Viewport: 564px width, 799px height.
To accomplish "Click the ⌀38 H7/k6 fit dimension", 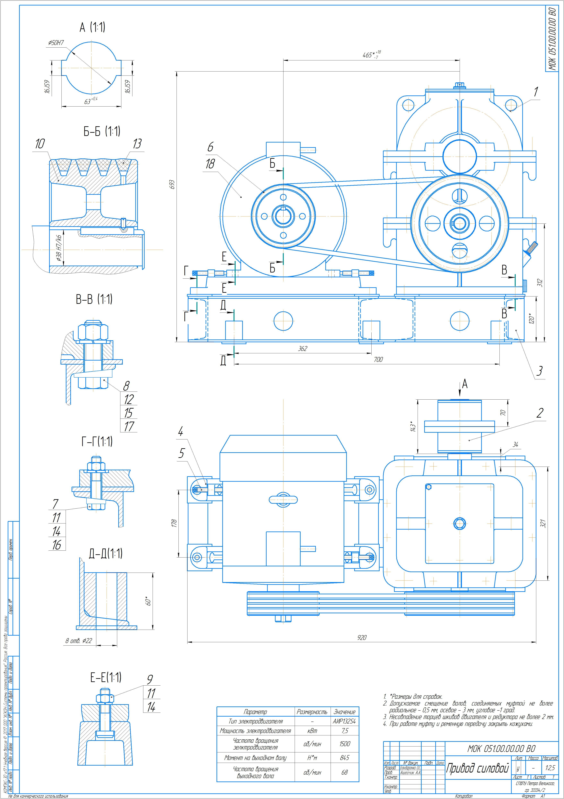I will point(59,248).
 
